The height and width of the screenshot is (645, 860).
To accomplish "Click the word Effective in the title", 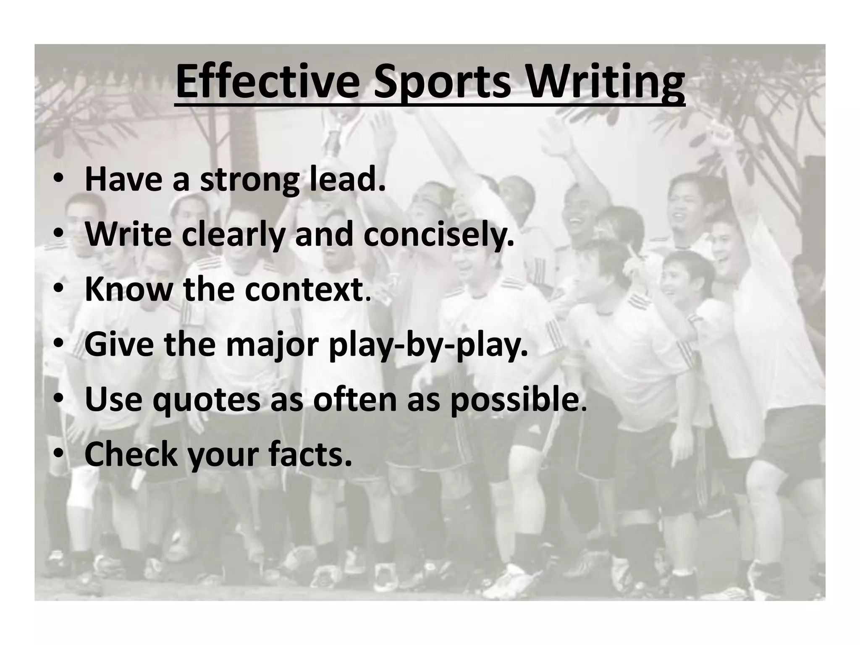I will point(267,82).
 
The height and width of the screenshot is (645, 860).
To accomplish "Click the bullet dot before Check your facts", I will point(59,455).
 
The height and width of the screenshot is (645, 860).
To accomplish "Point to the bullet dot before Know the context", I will point(59,290).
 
